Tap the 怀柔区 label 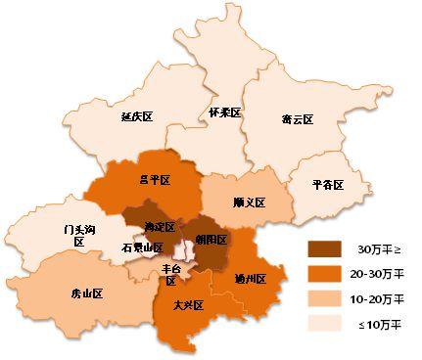(224, 113)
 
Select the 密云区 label (296, 119)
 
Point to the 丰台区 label (170, 275)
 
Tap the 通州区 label (250, 279)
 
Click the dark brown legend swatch (324, 248)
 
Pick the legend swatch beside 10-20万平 (324, 296)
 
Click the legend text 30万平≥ (378, 248)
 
